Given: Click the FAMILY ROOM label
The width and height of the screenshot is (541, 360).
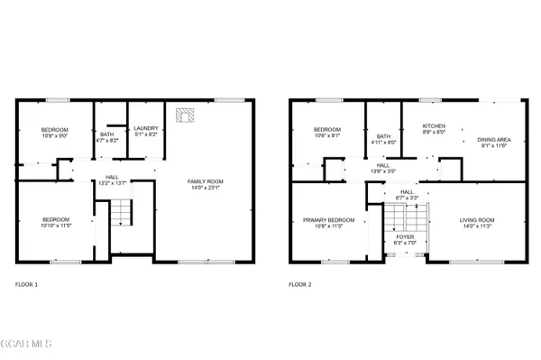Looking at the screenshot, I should pyautogui.click(x=205, y=181).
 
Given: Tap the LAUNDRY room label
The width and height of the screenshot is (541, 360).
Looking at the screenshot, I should pyautogui.click(x=146, y=129).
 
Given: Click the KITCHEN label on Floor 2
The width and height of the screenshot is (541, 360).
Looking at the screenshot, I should pyautogui.click(x=435, y=126).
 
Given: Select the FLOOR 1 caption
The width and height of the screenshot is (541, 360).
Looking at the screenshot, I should pyautogui.click(x=27, y=284).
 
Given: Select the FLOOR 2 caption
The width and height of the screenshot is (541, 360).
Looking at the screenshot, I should pyautogui.click(x=300, y=284).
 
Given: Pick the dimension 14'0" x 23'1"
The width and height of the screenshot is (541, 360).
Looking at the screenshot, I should pyautogui.click(x=205, y=188).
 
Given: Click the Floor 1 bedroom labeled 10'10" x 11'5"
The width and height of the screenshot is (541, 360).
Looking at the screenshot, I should pyautogui.click(x=55, y=222).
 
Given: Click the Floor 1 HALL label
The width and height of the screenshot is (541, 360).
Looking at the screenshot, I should pyautogui.click(x=112, y=177).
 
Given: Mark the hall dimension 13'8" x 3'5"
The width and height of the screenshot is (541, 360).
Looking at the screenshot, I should pyautogui.click(x=383, y=171).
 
